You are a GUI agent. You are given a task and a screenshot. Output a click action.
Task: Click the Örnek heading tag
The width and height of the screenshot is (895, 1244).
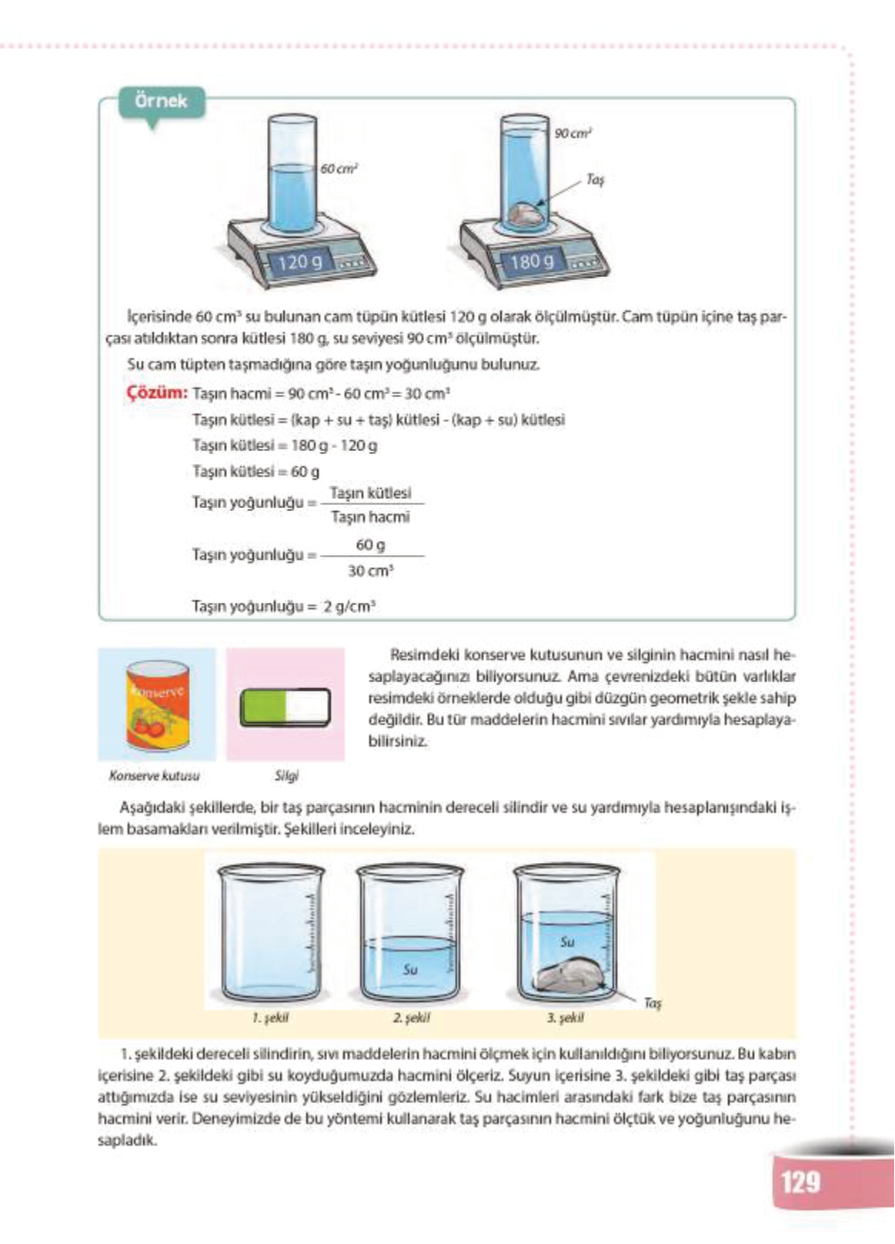[161, 102]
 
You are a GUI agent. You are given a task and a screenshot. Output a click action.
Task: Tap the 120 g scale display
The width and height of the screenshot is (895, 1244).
[299, 262]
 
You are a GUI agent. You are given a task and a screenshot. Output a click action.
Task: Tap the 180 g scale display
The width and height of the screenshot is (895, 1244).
[531, 262]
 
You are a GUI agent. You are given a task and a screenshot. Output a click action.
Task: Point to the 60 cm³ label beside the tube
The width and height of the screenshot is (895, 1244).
[339, 169]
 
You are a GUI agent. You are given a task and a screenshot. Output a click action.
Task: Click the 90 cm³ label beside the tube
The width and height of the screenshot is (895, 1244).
[573, 134]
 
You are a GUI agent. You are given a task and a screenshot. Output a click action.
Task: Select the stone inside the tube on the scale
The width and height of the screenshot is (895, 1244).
[526, 215]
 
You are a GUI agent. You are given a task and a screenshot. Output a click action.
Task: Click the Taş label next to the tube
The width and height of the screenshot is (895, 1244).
[595, 180]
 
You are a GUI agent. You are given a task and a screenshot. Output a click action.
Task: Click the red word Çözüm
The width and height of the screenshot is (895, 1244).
[157, 393]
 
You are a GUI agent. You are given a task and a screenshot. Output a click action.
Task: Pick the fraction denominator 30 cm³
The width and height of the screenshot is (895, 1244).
[370, 570]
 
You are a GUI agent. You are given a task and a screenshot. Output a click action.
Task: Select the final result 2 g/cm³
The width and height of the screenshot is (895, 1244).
[349, 606]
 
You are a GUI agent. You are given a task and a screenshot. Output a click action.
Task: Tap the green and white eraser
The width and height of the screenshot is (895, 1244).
[286, 706]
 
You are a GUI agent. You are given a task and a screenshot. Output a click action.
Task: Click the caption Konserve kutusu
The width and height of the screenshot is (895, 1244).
[154, 776]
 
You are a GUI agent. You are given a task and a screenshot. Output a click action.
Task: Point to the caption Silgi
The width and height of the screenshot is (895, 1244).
[286, 776]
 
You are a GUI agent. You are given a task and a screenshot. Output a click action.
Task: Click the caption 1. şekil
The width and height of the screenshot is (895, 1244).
[269, 1018]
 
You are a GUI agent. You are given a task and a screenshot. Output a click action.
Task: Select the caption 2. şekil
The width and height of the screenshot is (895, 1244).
[411, 1018]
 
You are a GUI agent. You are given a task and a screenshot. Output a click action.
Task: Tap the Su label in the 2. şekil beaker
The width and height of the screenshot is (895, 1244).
[410, 969]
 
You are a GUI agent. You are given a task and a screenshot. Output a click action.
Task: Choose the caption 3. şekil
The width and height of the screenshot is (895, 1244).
[565, 1018]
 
